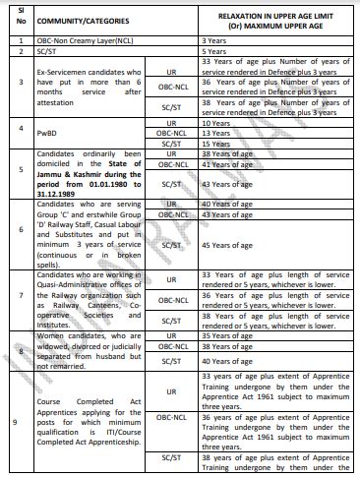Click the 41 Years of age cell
pos(226,165)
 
